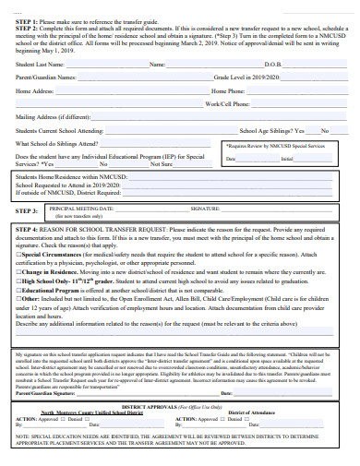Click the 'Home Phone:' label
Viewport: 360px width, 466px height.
coord(228,91)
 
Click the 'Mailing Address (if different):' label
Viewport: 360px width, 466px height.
coord(53,117)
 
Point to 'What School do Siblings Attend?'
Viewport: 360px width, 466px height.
coord(56,144)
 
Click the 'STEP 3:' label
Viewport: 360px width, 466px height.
coord(28,211)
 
